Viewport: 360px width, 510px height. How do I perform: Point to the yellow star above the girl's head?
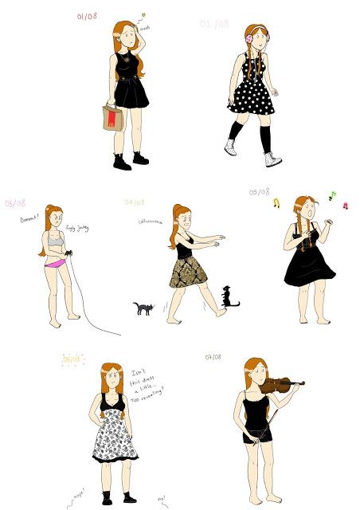(x=144, y=14)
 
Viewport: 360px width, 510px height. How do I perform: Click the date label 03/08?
(x=15, y=204)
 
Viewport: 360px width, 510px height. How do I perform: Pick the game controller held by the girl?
(x=69, y=254)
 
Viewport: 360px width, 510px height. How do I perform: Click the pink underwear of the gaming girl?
(x=54, y=261)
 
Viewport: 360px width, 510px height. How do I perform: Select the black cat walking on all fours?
(x=143, y=308)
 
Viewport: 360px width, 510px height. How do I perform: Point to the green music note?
(x=332, y=194)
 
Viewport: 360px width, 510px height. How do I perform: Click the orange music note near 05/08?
(x=276, y=203)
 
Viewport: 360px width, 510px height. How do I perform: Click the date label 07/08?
(x=213, y=356)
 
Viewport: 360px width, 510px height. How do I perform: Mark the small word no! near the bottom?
(x=162, y=499)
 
